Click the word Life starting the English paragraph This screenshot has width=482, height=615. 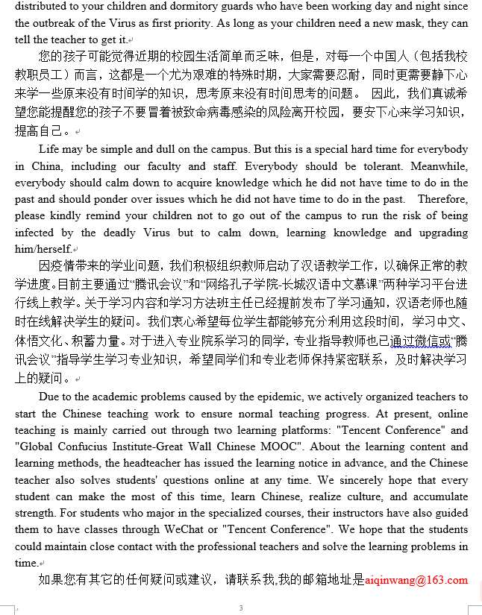click(x=49, y=149)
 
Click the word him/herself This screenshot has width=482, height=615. click(x=44, y=249)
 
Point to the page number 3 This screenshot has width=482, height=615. click(x=241, y=608)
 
